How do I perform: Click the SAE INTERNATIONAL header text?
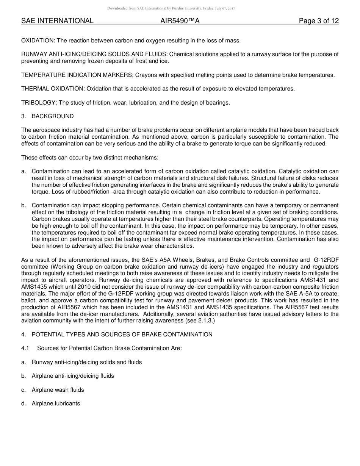(57, 21)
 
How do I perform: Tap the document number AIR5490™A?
(180, 21)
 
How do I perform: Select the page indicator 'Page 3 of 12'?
(319, 21)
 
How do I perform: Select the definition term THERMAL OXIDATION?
(53, 89)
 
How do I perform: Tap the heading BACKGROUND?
(53, 116)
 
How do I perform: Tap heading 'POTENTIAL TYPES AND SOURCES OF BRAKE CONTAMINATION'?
(122, 335)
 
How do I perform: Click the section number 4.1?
(25, 348)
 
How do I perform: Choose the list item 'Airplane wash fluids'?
(58, 390)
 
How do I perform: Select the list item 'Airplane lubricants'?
(56, 403)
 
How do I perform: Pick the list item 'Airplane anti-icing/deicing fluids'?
(73, 376)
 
